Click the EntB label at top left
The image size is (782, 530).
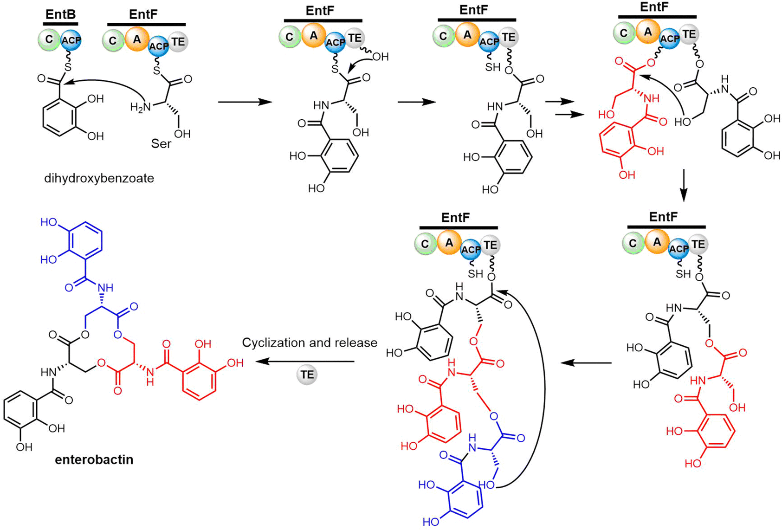coord(60,14)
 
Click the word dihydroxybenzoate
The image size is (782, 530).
coord(99,178)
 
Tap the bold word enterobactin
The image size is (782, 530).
coord(94,459)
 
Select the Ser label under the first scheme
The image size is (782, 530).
coord(161,144)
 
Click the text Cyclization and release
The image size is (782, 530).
coord(310,343)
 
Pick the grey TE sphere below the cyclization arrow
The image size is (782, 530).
coord(307,375)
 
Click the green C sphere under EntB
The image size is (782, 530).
coord(49,40)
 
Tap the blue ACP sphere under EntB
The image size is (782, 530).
coord(71,40)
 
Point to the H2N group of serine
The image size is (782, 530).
coord(141,107)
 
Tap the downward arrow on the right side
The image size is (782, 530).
coord(683,186)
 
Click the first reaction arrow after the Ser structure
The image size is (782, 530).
coord(245,102)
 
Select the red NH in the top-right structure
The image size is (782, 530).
coord(651,99)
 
